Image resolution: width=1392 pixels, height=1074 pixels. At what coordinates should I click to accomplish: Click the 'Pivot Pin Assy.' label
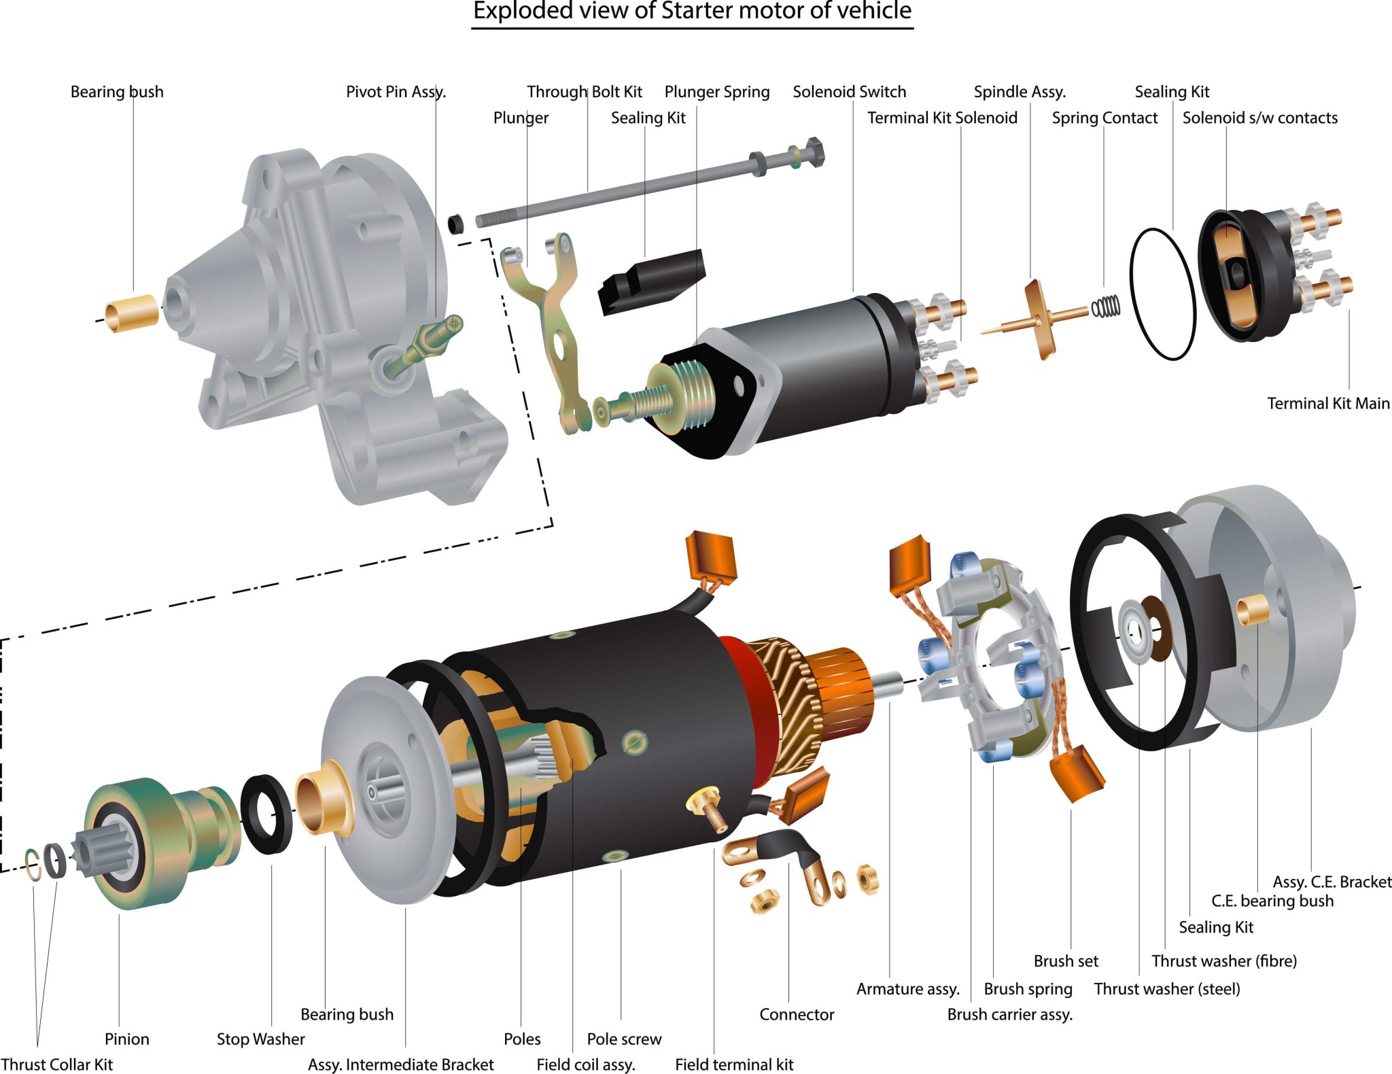point(396,92)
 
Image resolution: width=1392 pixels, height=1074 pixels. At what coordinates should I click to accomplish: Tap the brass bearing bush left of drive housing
point(131,313)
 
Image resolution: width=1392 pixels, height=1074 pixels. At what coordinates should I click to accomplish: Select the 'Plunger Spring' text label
point(716,92)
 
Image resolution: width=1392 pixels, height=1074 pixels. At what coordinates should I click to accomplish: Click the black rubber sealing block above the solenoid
point(651,281)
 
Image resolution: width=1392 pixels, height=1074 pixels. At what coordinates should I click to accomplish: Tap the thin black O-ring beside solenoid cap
point(1162,294)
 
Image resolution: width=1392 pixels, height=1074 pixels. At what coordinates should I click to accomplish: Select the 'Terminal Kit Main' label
point(1327,403)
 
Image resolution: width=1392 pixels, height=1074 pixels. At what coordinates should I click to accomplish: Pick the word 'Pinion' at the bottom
point(126,1039)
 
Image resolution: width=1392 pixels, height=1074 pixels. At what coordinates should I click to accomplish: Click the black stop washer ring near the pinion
point(266,814)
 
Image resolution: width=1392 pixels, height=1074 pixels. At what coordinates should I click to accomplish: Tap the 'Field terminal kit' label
point(733,1064)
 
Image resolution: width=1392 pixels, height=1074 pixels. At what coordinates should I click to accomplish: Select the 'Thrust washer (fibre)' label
point(1223,960)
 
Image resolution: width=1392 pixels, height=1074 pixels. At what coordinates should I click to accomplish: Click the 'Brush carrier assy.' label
point(1009,1014)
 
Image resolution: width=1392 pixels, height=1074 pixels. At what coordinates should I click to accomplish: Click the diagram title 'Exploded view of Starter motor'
point(692,12)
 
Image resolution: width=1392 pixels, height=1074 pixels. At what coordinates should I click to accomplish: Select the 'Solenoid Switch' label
point(849,92)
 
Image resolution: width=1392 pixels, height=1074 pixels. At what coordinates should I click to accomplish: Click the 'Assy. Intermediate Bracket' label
point(400,1064)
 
